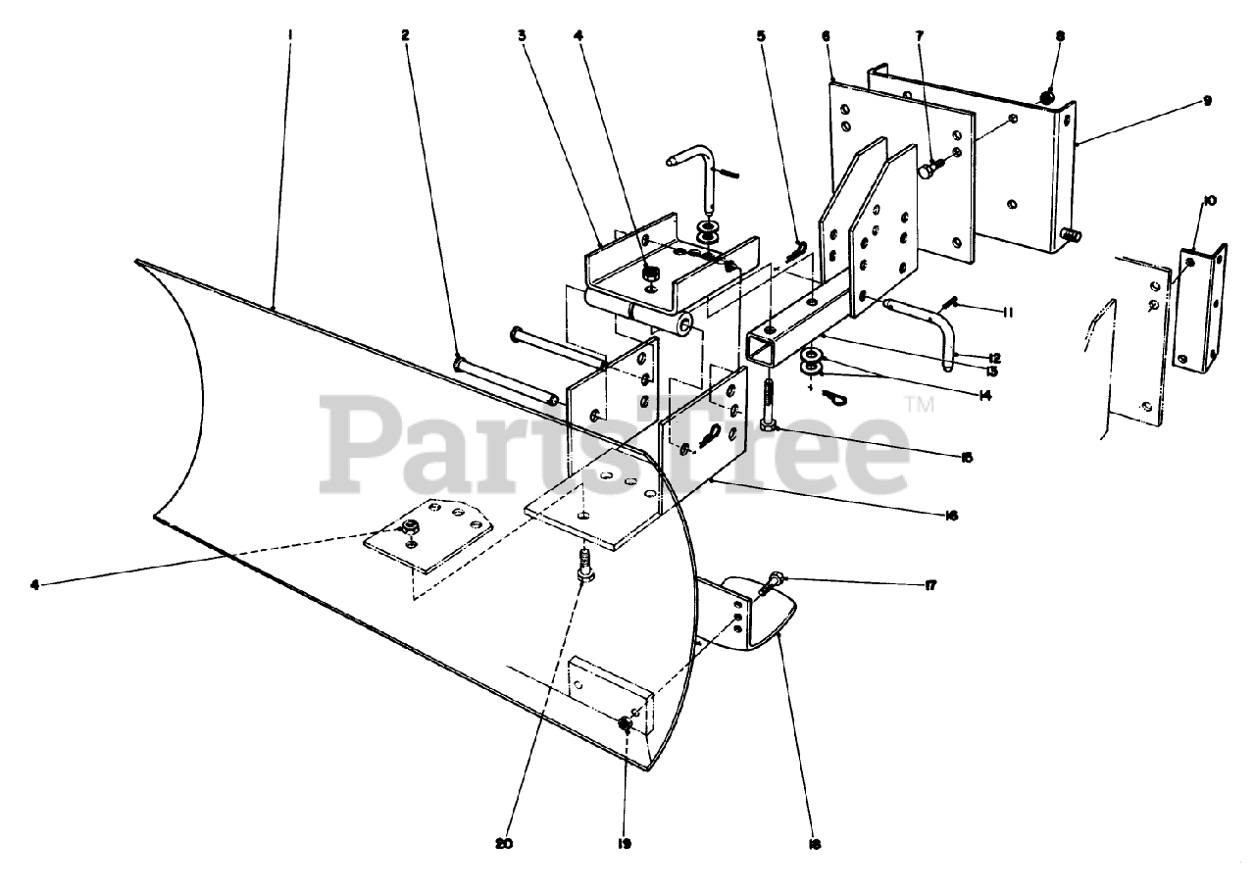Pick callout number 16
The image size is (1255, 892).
click(x=949, y=514)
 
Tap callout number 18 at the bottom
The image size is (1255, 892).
click(x=815, y=843)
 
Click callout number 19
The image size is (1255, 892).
click(x=625, y=843)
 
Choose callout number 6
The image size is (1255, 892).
click(x=827, y=35)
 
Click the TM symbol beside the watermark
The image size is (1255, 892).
click(x=919, y=402)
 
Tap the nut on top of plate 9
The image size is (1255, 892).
click(x=1046, y=96)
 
